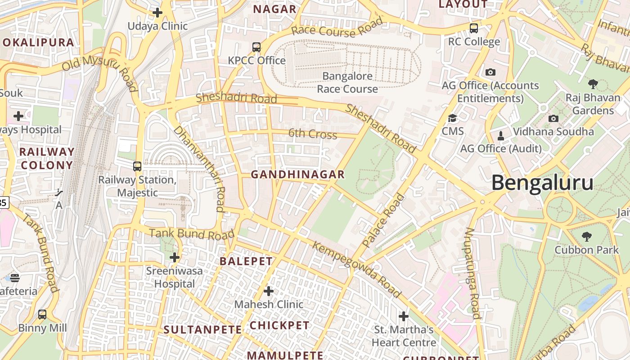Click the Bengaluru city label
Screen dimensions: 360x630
[542, 183]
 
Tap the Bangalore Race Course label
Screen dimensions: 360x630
[347, 82]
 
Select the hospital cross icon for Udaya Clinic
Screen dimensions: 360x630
[157, 13]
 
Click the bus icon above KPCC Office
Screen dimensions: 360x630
[256, 47]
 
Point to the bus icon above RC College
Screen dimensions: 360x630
[473, 28]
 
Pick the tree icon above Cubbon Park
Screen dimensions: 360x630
[586, 236]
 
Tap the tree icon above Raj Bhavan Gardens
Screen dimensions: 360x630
[593, 84]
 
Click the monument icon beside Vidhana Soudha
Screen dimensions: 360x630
[500, 135]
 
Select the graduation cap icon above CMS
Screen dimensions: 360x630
[452, 118]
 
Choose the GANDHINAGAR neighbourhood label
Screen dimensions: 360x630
[297, 174]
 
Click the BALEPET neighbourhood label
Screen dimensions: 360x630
[246, 261]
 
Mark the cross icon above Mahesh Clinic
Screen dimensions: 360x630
[269, 291]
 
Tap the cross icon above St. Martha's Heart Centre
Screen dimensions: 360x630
[404, 316]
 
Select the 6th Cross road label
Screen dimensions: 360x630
[312, 134]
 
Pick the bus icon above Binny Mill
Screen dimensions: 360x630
[42, 315]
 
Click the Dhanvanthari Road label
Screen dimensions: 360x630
[199, 168]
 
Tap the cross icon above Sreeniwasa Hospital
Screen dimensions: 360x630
[175, 257]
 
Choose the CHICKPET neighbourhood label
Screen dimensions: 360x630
[279, 325]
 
